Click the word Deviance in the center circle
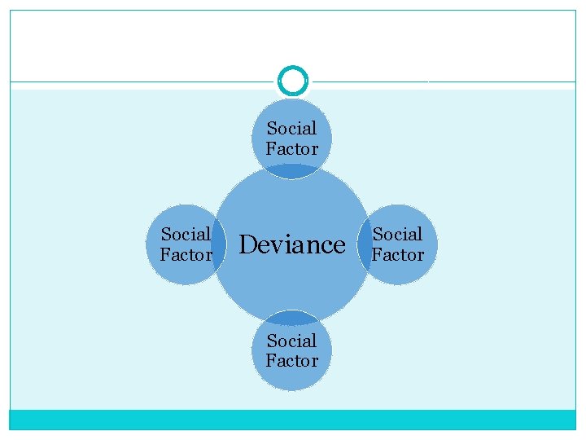[x=292, y=244]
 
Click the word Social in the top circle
[x=291, y=128]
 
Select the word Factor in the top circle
[x=291, y=148]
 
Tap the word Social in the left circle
[x=186, y=235]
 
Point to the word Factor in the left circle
[x=186, y=255]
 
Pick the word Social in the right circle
[x=397, y=235]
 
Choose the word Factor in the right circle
[x=397, y=255]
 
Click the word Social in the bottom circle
[x=291, y=340]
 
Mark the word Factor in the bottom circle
[x=291, y=360]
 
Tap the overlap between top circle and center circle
[x=292, y=171]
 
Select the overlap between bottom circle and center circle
[x=292, y=317]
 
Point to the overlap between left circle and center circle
[x=219, y=244]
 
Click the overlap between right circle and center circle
[x=365, y=244]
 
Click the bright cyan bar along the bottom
[x=292, y=420]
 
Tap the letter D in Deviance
[x=247, y=244]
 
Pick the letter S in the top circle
[x=272, y=128]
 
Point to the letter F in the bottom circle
[x=270, y=360]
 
